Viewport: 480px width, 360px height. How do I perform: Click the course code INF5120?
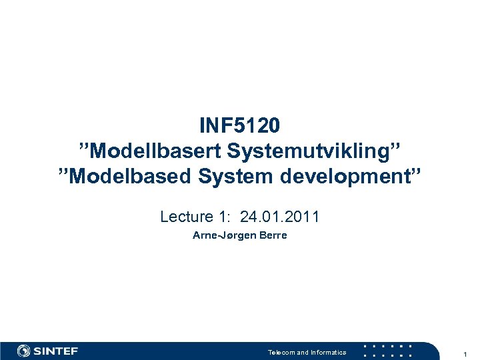(x=239, y=125)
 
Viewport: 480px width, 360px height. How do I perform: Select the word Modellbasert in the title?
(x=155, y=151)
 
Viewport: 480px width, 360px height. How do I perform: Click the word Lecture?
(x=183, y=217)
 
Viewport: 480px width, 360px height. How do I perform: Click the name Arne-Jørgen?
(x=222, y=235)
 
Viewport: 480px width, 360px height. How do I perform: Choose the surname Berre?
(x=273, y=235)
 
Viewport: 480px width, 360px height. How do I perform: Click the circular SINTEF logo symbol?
(x=24, y=351)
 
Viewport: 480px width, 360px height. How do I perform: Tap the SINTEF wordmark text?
(x=56, y=351)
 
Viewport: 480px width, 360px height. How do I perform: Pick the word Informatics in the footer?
(x=328, y=352)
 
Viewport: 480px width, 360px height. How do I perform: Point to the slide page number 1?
(x=465, y=352)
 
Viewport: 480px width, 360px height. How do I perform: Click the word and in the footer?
(x=303, y=352)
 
